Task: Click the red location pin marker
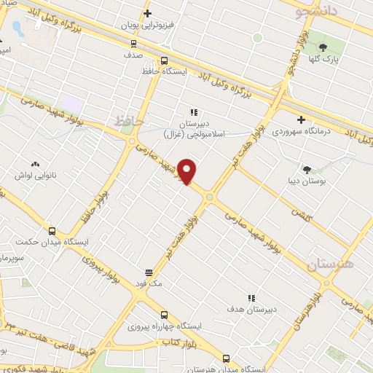point(188,172)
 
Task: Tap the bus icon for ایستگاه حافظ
point(164,61)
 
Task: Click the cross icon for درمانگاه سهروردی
point(301,119)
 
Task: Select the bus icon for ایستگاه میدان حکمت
point(51,230)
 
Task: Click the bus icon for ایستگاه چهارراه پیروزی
point(164,315)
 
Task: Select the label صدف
point(133,54)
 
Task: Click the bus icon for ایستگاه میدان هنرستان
point(226,358)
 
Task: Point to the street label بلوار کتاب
point(180,341)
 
